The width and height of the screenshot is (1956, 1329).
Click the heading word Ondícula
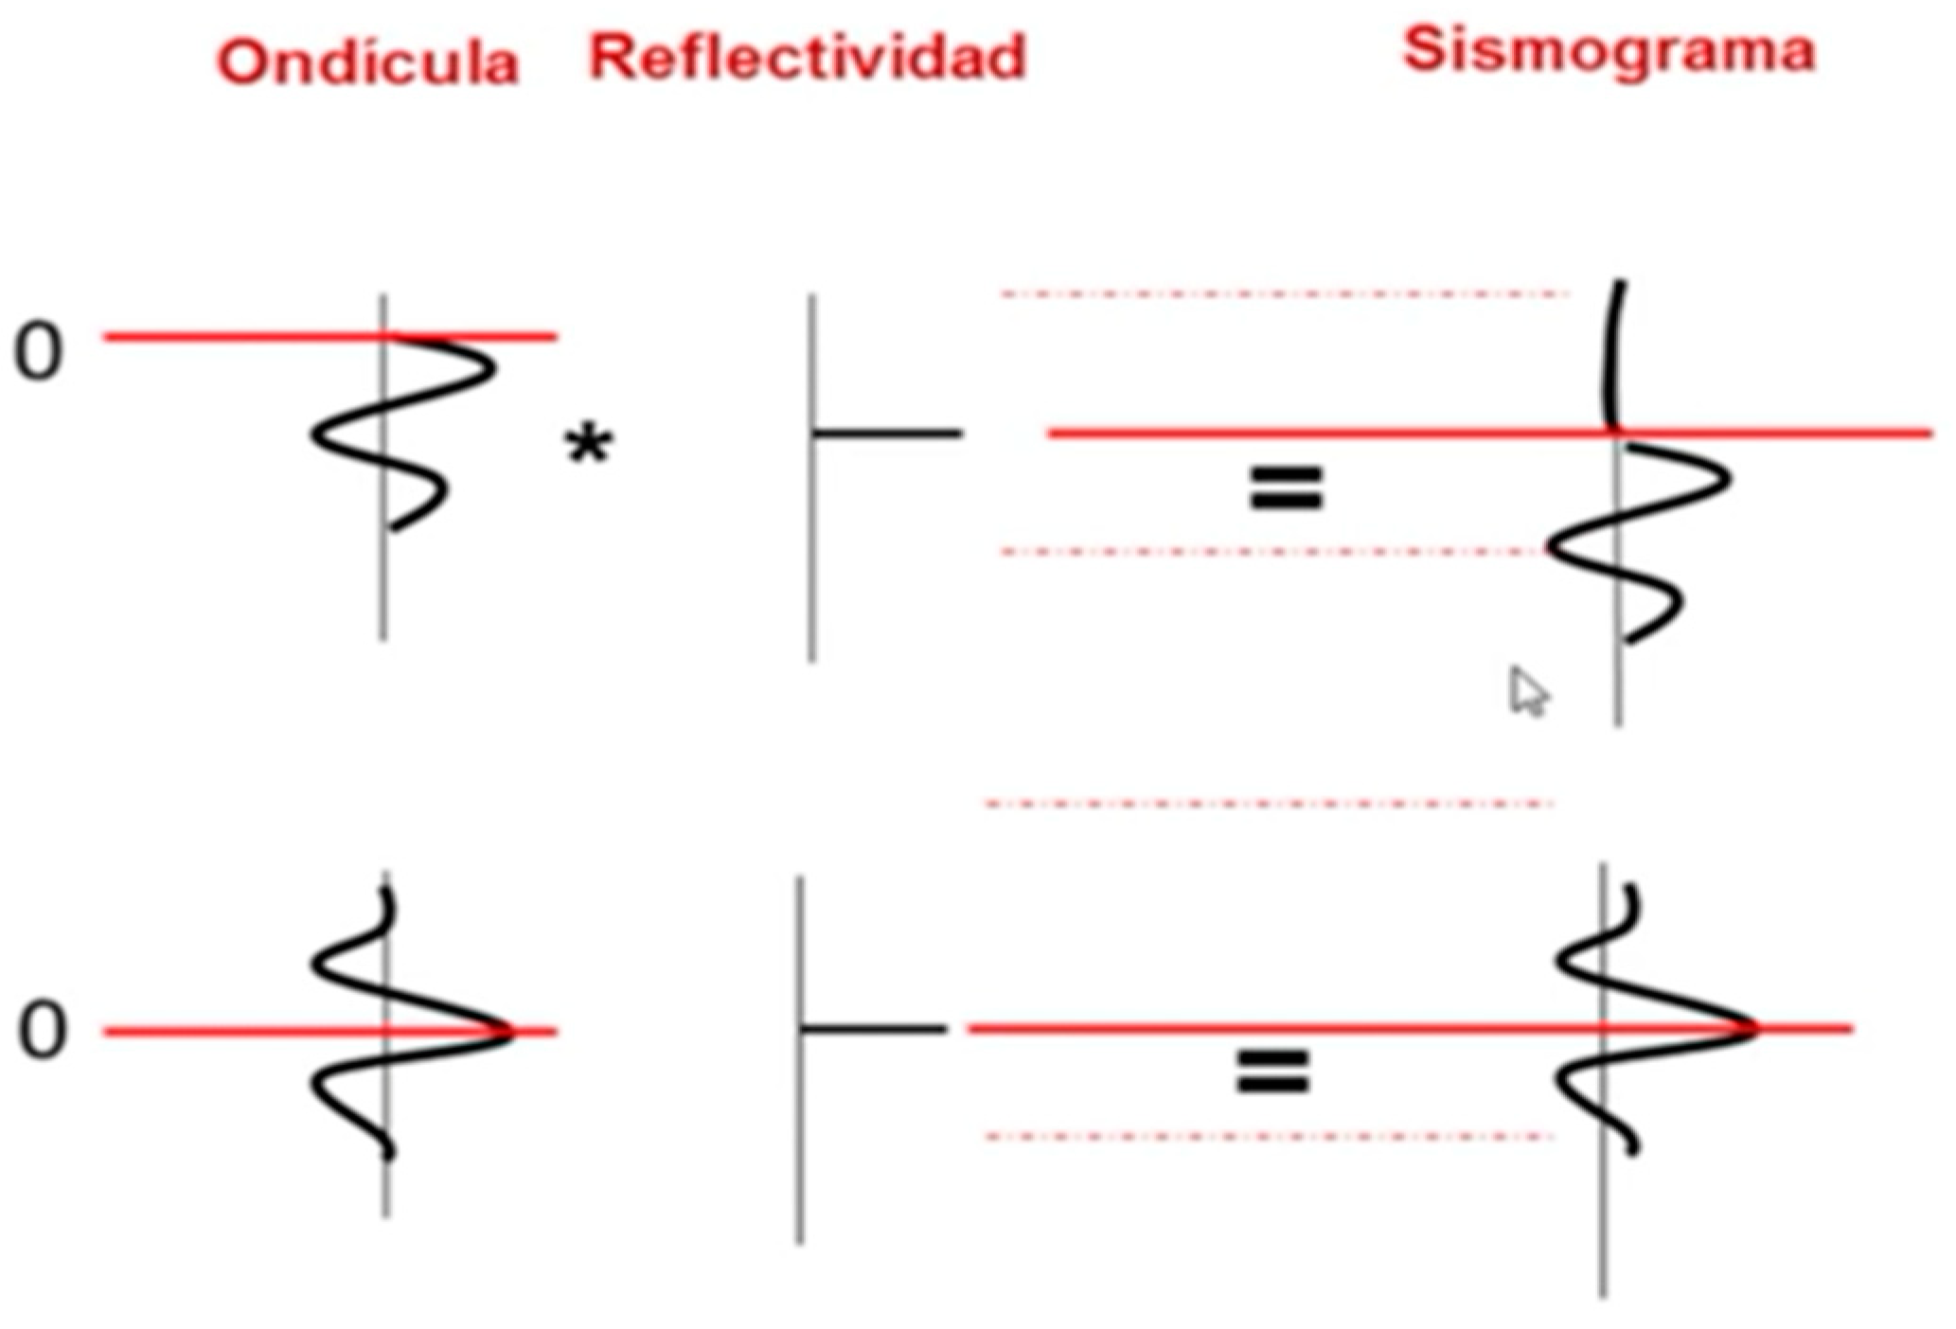pyautogui.click(x=368, y=62)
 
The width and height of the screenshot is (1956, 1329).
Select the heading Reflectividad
pyautogui.click(x=808, y=57)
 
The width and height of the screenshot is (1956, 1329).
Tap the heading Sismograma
pyautogui.click(x=1609, y=49)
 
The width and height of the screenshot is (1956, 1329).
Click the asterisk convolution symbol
pyautogui.click(x=588, y=446)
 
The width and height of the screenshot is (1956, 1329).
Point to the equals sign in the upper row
pyautogui.click(x=1286, y=488)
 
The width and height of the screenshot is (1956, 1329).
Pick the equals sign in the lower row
pyautogui.click(x=1272, y=1072)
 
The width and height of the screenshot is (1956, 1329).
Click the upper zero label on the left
pyautogui.click(x=38, y=352)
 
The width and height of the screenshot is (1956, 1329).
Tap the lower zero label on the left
pyautogui.click(x=42, y=1030)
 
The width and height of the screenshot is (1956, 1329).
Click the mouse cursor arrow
pyautogui.click(x=1525, y=692)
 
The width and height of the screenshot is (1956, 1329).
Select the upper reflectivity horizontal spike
pyautogui.click(x=887, y=434)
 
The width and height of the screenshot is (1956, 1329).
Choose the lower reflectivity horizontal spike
pyautogui.click(x=873, y=1028)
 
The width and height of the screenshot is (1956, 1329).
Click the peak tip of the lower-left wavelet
pyautogui.click(x=509, y=1031)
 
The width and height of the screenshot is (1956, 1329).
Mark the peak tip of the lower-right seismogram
pyautogui.click(x=1753, y=1028)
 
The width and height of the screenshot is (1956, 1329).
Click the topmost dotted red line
pyautogui.click(x=1285, y=294)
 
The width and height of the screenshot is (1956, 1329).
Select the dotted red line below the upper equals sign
pyautogui.click(x=1273, y=551)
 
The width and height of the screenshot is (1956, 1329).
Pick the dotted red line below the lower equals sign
pyautogui.click(x=1269, y=1136)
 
